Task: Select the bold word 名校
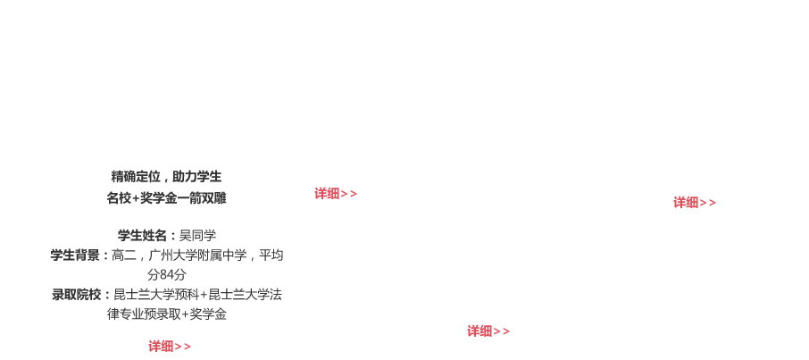pyautogui.click(x=119, y=198)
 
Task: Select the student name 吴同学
pyautogui.click(x=197, y=236)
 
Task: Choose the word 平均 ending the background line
pyautogui.click(x=271, y=255)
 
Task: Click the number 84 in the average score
pyautogui.click(x=167, y=275)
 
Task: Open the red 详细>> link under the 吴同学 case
pyautogui.click(x=170, y=347)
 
